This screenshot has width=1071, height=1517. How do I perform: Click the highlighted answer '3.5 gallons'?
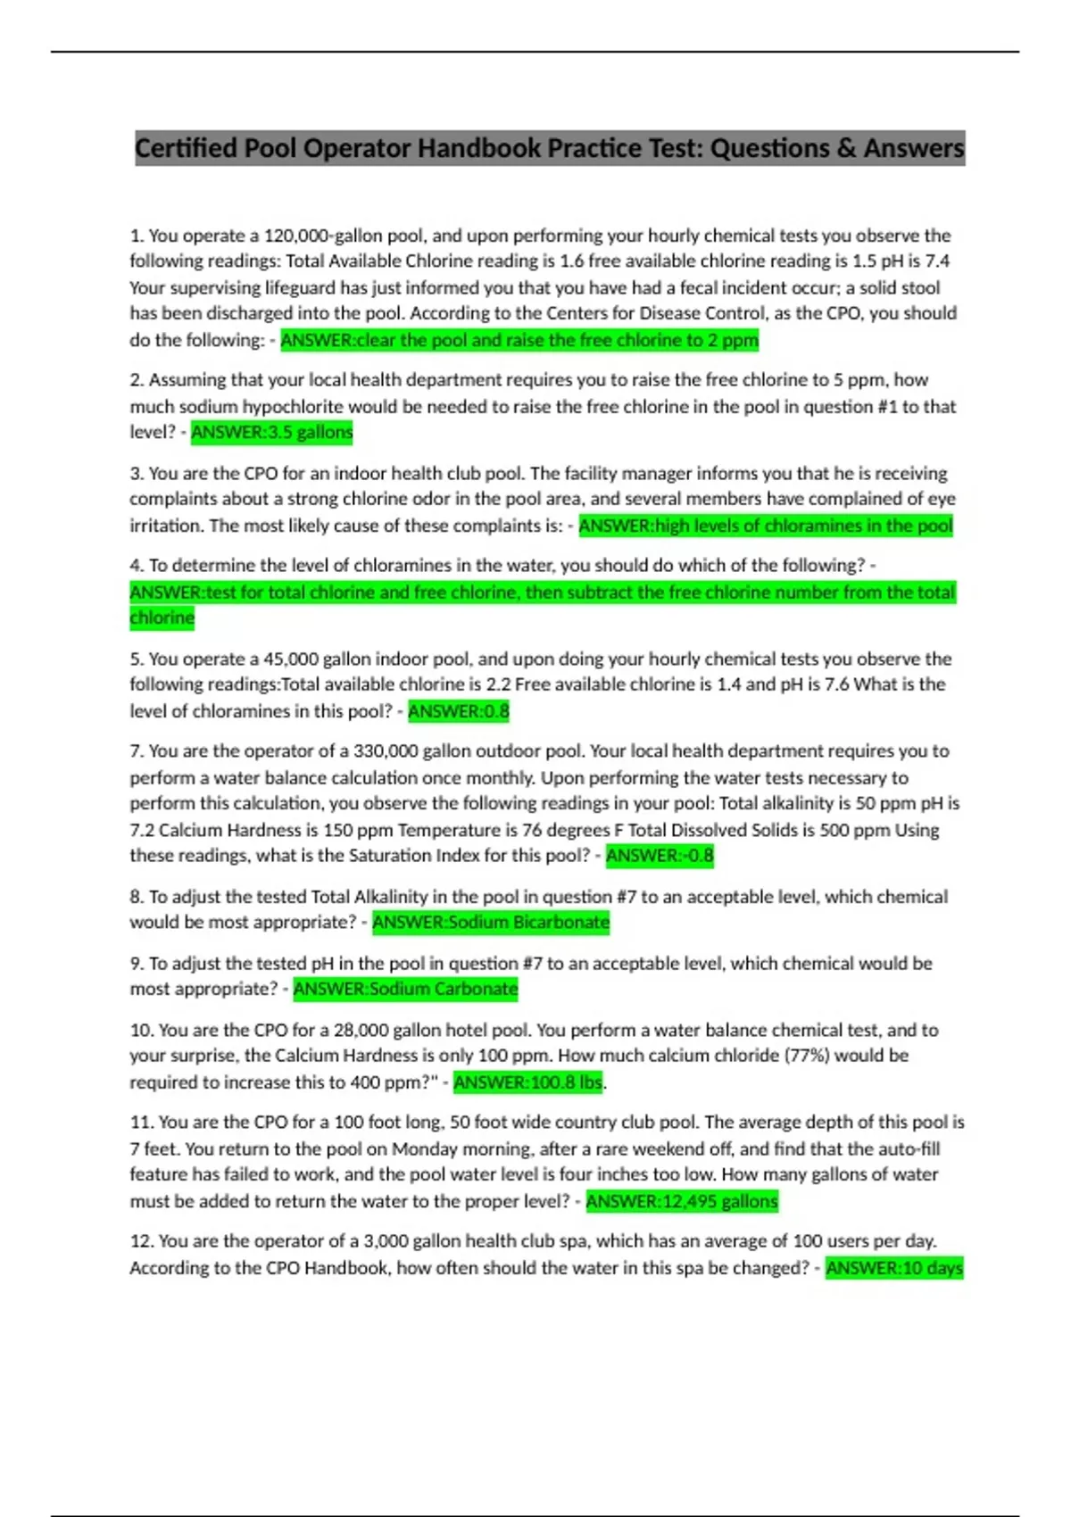[x=272, y=433]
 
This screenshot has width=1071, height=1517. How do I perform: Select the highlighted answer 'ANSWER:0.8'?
[x=459, y=711]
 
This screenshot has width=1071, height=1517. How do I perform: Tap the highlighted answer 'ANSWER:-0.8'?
[x=660, y=856]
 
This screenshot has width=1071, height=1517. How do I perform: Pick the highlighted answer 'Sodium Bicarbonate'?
[x=491, y=923]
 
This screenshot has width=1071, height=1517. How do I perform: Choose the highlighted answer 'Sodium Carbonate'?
[x=405, y=989]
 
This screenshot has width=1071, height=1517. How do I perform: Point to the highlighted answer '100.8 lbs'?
[x=528, y=1082]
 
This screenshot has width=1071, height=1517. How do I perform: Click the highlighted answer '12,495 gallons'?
[x=682, y=1201]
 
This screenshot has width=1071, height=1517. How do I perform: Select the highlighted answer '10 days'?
[x=894, y=1268]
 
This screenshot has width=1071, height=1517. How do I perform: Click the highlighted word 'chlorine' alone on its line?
[x=162, y=618]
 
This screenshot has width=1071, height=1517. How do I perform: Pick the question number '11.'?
[x=141, y=1122]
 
